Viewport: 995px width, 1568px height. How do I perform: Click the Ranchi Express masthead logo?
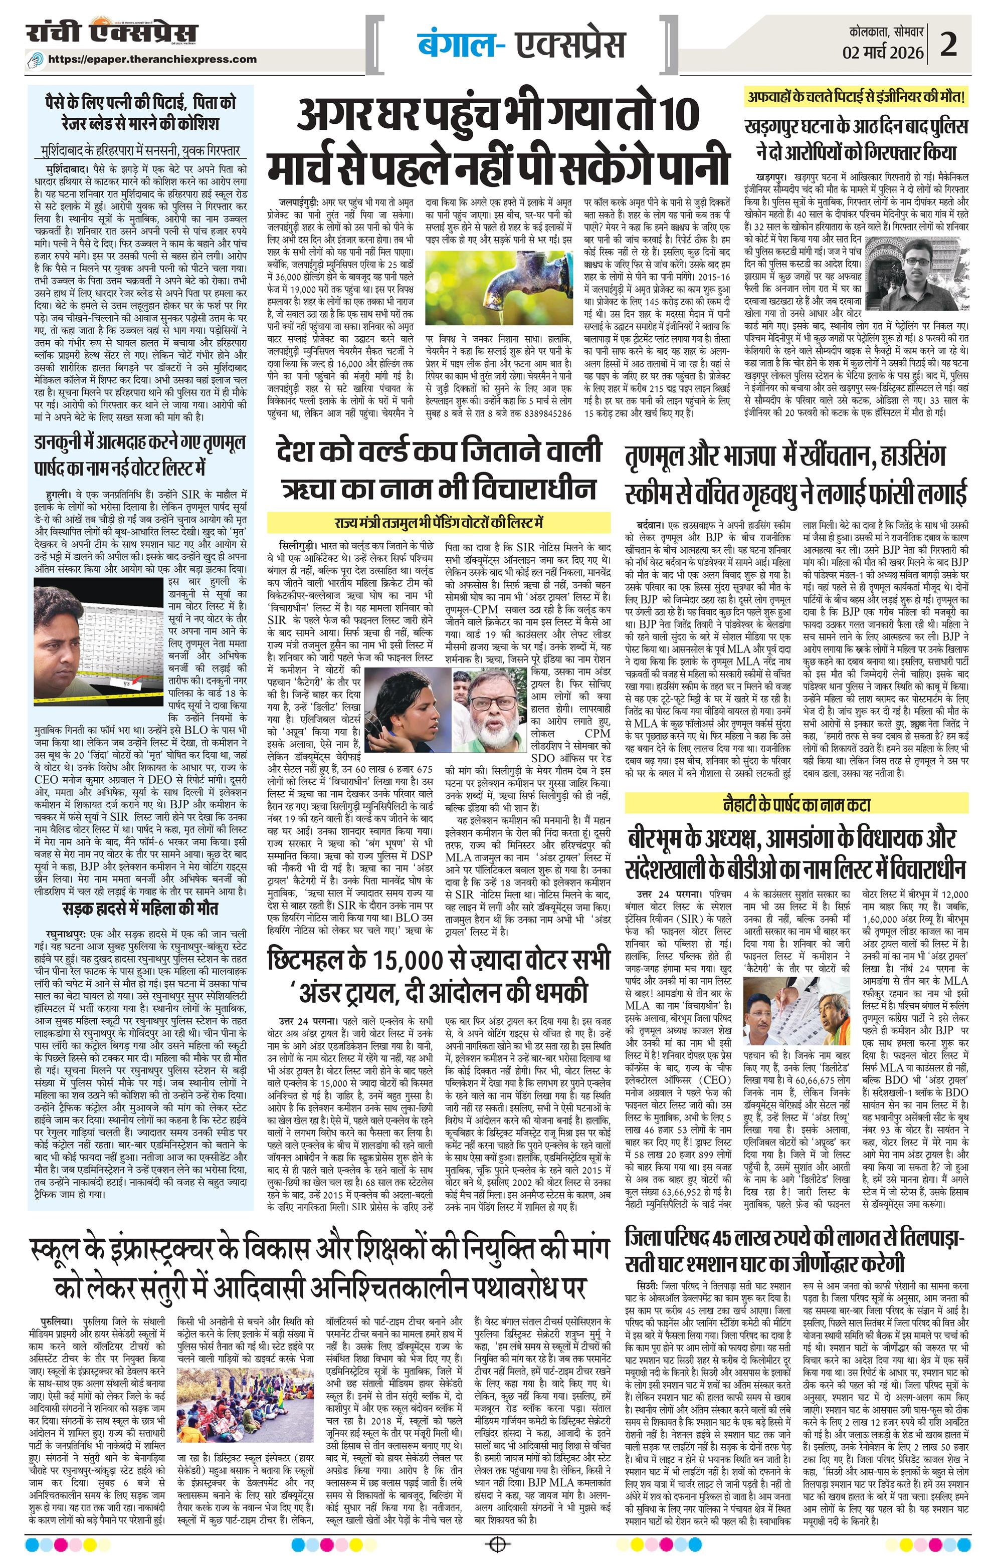(x=112, y=35)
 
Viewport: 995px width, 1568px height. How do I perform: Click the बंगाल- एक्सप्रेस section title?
(x=520, y=44)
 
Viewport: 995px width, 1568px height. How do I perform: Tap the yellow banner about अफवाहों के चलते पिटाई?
(x=857, y=99)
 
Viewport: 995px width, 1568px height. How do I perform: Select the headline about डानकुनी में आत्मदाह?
(x=140, y=456)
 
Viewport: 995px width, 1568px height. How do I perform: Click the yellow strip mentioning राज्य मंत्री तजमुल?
(x=439, y=522)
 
